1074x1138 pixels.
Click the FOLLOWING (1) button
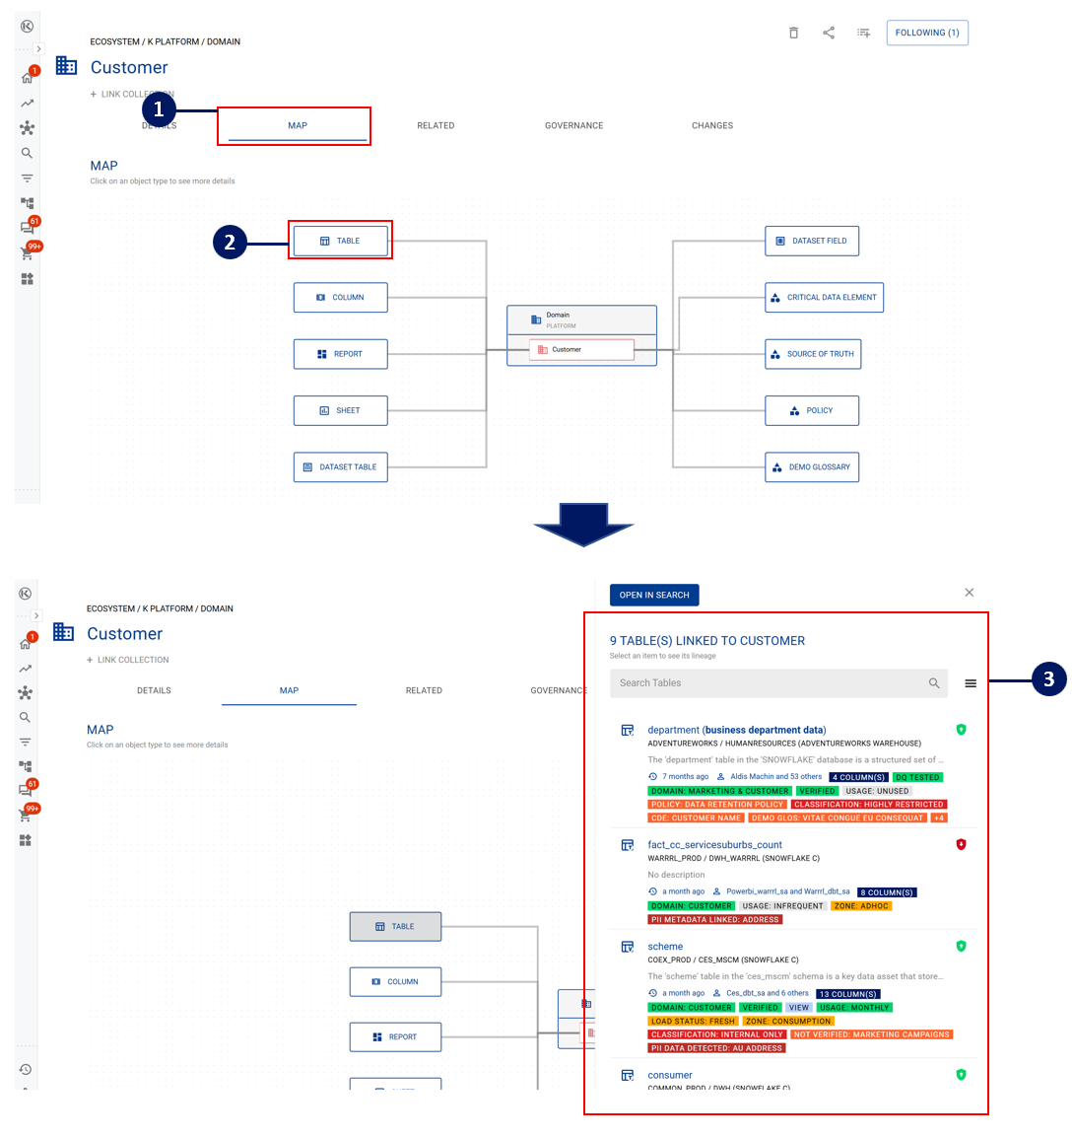[927, 33]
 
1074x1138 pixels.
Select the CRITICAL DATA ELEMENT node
[824, 298]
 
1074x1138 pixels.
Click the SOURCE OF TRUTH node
[813, 354]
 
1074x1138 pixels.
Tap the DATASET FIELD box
[812, 241]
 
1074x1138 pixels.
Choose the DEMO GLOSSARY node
[812, 467]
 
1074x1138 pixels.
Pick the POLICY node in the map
[812, 410]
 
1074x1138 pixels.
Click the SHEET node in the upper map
[340, 410]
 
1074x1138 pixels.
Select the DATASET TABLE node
[340, 467]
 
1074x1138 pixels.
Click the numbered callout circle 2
[230, 242]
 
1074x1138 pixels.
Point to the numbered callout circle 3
[1048, 678]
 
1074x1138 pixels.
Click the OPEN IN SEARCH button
[654, 595]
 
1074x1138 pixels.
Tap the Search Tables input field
[769, 682]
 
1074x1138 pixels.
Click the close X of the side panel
[970, 593]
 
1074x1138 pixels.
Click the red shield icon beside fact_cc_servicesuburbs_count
[961, 845]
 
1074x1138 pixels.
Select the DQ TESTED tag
[917, 777]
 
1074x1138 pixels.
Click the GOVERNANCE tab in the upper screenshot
[573, 125]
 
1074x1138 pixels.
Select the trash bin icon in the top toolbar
[793, 33]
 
